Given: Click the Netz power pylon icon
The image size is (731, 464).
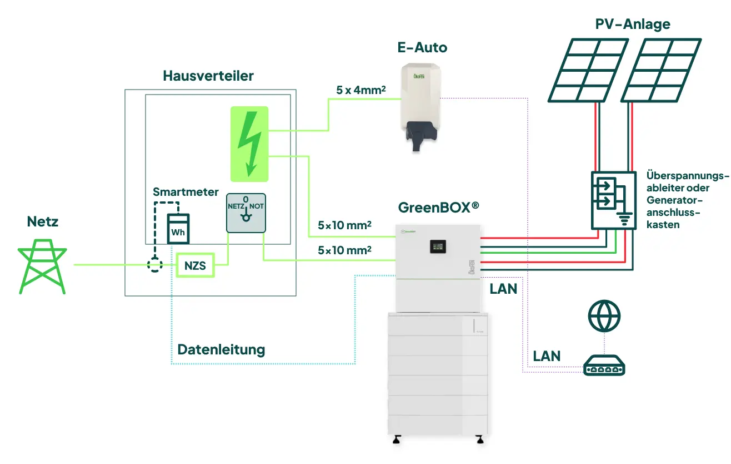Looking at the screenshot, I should [43, 266].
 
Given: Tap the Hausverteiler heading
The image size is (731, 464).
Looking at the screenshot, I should [208, 76].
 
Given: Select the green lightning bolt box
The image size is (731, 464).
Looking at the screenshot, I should [249, 144].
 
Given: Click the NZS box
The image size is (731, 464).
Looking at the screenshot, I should [195, 266].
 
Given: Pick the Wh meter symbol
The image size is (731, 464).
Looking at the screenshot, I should [178, 229].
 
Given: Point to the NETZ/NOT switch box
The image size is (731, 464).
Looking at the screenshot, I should [246, 213].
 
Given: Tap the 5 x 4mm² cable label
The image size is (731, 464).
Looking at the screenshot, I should [361, 89].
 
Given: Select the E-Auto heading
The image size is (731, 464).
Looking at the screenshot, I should [422, 48].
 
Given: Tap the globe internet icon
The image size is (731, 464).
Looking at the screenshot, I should [604, 317].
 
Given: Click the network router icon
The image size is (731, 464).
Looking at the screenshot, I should [604, 367].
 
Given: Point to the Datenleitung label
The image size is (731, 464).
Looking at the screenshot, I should [221, 350].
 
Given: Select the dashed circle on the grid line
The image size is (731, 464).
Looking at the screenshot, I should [153, 265].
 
